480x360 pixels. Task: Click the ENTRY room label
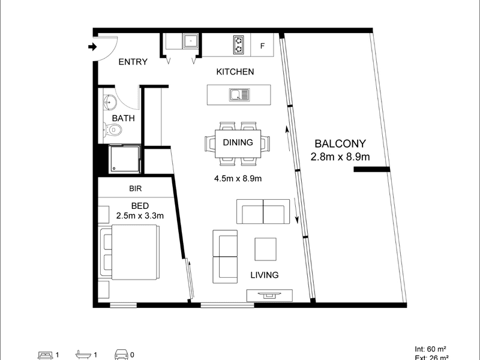coord(133,62)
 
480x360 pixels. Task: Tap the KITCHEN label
coord(235,72)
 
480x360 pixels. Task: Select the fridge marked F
coord(262,44)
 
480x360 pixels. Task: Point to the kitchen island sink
coord(238,94)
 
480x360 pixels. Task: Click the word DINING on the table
coord(237,143)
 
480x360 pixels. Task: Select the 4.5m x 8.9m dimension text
coord(239,178)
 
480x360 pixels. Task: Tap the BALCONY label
coord(340,144)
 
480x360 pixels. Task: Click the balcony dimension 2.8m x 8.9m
coord(340,157)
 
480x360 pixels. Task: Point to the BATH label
coord(124,118)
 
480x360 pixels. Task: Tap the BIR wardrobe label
coord(135,188)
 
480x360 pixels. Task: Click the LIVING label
coord(265,275)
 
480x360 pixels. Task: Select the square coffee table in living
coord(265,249)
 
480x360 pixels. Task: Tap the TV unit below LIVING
coord(270,295)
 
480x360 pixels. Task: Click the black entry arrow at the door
coord(92,46)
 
